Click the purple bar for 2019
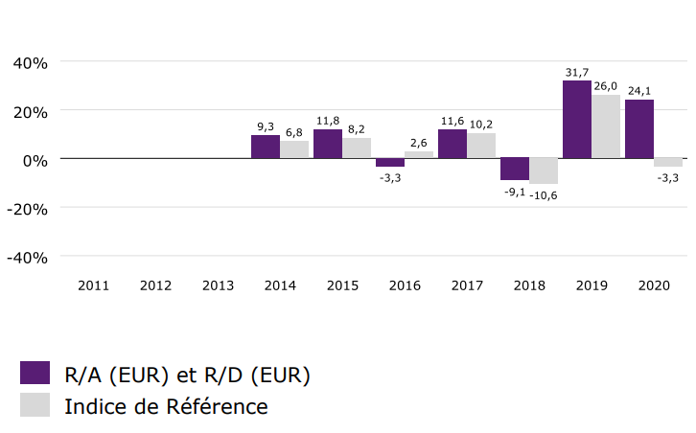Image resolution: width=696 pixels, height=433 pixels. [576, 120]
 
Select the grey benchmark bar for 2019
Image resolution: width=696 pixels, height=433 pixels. [606, 126]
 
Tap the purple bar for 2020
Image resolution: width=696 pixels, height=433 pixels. [638, 129]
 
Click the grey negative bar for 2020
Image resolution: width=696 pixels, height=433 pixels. [668, 162]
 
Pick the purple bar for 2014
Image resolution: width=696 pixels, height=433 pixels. [265, 147]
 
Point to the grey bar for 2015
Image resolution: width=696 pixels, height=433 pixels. [357, 148]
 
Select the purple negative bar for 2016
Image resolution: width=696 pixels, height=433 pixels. [389, 162]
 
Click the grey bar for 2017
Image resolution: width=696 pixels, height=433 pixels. [481, 146]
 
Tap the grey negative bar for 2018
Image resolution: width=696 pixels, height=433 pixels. [544, 171]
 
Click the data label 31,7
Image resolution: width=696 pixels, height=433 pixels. [576, 73]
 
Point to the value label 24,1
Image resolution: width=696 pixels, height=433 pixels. [638, 92]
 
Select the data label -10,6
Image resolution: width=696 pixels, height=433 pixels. [544, 195]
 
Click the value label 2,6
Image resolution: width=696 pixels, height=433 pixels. [419, 143]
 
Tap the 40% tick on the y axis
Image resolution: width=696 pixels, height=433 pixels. [29, 63]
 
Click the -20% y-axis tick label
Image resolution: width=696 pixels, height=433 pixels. [29, 209]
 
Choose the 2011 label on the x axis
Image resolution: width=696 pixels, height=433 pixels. [93, 285]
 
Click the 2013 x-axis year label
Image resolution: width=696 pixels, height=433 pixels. [218, 285]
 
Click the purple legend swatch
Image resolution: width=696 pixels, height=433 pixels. [35, 374]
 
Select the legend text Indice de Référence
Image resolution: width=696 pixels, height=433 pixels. [166, 406]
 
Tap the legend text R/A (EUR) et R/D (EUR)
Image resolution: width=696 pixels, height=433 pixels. [187, 375]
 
